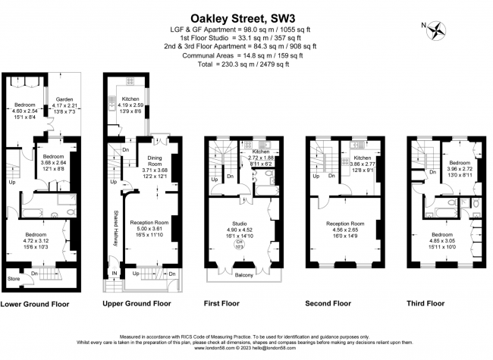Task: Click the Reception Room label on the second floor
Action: click(345, 224)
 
